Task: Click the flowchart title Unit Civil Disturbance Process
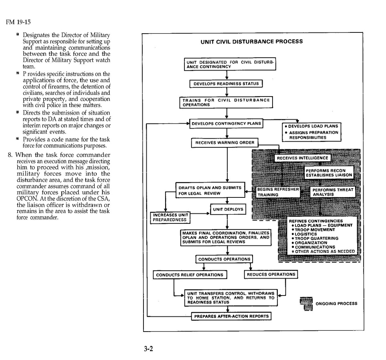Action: (x=251, y=41)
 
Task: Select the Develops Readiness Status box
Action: (x=226, y=84)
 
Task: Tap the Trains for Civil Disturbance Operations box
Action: (x=226, y=102)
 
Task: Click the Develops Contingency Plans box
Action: (x=226, y=124)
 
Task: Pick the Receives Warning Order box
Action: (x=224, y=143)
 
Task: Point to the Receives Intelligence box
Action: (x=302, y=158)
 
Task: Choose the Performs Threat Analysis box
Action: (x=333, y=192)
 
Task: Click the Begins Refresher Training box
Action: (x=278, y=192)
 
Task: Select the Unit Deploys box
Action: (x=228, y=209)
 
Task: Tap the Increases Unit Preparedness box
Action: (x=170, y=217)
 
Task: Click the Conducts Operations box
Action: (x=224, y=259)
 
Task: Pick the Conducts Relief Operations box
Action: (x=190, y=275)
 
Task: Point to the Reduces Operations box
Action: (x=271, y=274)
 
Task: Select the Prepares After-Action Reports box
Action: (x=231, y=316)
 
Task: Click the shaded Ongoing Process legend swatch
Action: (x=306, y=303)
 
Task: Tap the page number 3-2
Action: (x=149, y=348)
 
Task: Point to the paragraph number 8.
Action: (x=10, y=155)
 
